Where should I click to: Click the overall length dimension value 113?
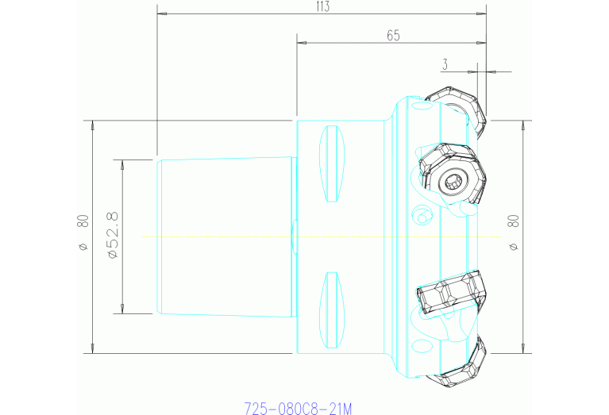pos(322,6)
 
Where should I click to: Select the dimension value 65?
pos(392,35)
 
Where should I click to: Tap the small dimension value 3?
pos(446,63)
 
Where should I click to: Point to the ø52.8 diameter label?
pos(112,236)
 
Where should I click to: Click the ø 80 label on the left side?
pos(82,236)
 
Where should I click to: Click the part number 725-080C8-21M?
pos(297,409)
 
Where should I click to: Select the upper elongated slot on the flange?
pos(333,164)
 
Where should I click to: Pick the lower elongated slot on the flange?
pos(333,310)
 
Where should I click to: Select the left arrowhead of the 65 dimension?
pos(301,43)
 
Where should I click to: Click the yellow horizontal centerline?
pos(238,236)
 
